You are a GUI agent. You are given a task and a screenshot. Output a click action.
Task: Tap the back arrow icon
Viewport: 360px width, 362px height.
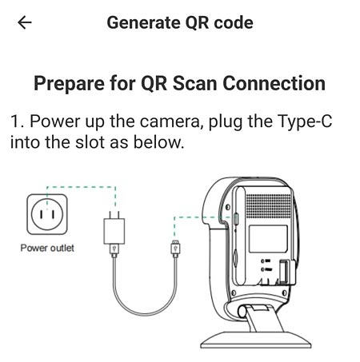(25, 22)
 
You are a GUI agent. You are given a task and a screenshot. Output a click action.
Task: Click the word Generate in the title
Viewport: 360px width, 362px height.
(143, 23)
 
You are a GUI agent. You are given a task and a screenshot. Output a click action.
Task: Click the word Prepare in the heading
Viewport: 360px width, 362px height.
(69, 84)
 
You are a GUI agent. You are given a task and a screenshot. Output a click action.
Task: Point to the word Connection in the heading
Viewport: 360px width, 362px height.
(274, 83)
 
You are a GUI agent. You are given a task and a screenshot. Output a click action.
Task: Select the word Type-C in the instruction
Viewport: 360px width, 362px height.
(305, 122)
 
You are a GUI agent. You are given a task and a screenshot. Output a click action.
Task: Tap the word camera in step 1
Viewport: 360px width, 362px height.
(170, 121)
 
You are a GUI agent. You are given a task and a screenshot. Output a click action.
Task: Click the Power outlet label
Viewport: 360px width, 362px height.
(47, 248)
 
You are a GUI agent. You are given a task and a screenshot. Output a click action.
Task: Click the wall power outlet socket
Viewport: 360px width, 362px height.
(47, 214)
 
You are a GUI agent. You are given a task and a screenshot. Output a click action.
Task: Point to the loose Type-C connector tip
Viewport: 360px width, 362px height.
(175, 249)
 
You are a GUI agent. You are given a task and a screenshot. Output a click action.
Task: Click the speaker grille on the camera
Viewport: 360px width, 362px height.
(268, 205)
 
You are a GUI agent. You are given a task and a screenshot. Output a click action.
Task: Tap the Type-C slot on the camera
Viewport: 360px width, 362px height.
(236, 219)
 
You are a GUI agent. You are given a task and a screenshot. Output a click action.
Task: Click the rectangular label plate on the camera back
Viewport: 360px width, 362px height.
(268, 239)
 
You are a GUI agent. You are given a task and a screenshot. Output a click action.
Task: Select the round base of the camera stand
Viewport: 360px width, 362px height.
(256, 340)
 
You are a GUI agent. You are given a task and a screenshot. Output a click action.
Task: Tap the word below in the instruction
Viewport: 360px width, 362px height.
(158, 142)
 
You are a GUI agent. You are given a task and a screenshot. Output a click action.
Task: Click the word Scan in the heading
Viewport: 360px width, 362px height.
(195, 83)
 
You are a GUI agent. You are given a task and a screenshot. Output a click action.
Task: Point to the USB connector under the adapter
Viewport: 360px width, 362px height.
(114, 251)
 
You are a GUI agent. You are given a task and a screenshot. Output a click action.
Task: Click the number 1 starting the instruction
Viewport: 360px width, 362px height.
(16, 121)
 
